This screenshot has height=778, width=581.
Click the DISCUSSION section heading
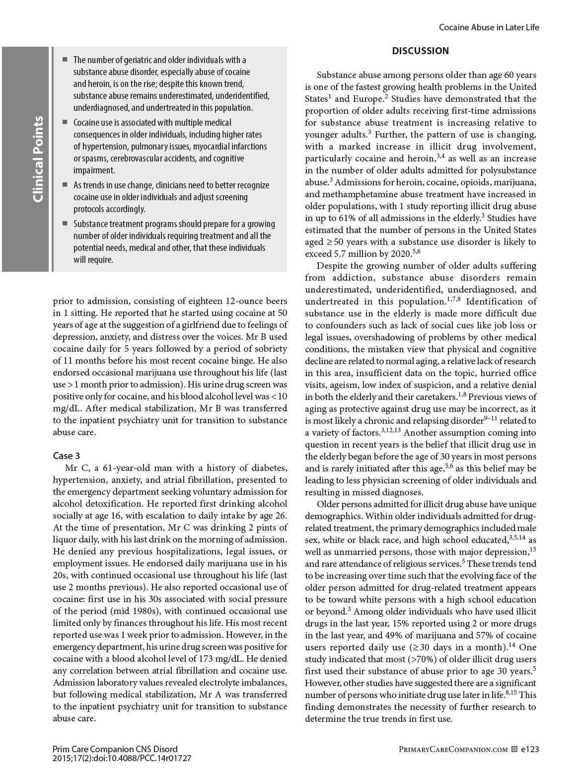tap(420, 51)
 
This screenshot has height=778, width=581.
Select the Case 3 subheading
tap(67, 456)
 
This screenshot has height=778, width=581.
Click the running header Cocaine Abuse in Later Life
tap(489, 27)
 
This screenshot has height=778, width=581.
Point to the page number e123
tap(530, 749)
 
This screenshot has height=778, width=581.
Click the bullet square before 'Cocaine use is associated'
tap(65, 122)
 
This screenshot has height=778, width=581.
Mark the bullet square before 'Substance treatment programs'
tap(65, 223)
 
